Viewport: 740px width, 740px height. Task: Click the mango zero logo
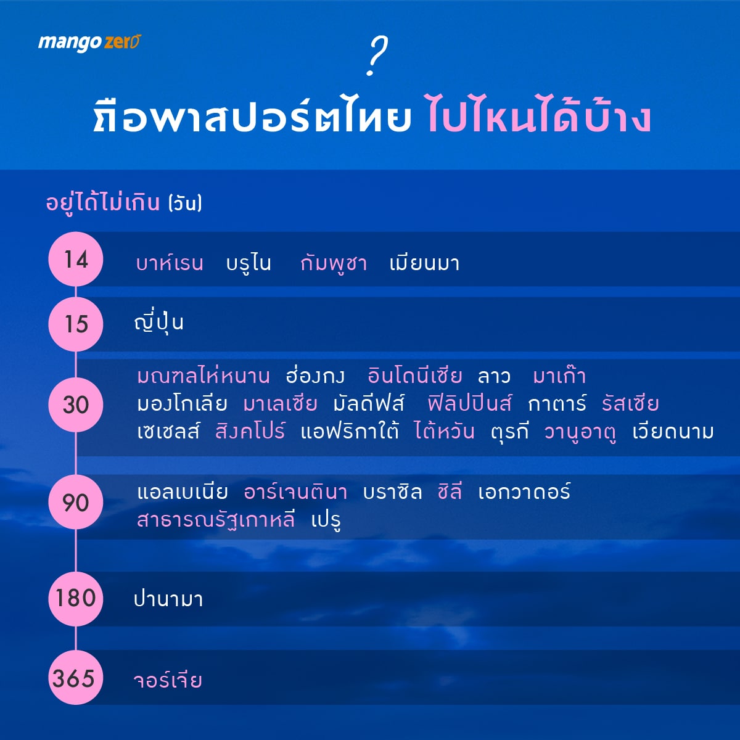click(x=89, y=43)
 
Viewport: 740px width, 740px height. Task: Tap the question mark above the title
click(x=377, y=56)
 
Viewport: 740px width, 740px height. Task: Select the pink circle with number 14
click(x=76, y=259)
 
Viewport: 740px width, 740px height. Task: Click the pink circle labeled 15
click(x=76, y=324)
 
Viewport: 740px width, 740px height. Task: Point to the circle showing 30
click(x=76, y=405)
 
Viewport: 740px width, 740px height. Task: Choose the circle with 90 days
click(x=76, y=502)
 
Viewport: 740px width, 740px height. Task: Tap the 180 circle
click(x=76, y=598)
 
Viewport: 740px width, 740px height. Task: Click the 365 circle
click(x=76, y=677)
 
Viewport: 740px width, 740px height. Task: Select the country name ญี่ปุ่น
click(x=158, y=323)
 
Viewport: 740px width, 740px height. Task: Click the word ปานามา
click(x=168, y=599)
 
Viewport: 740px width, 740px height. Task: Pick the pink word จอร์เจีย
click(x=168, y=680)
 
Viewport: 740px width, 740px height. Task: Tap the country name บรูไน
click(x=249, y=264)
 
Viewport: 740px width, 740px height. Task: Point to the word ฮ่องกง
click(x=315, y=375)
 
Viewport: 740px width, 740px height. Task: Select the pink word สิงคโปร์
click(x=250, y=431)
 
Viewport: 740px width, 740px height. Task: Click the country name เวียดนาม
click(x=673, y=431)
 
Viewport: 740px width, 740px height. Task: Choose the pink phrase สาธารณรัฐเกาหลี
click(x=216, y=519)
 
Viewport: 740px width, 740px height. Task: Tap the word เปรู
click(x=326, y=520)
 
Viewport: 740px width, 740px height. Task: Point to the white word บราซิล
click(x=392, y=491)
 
